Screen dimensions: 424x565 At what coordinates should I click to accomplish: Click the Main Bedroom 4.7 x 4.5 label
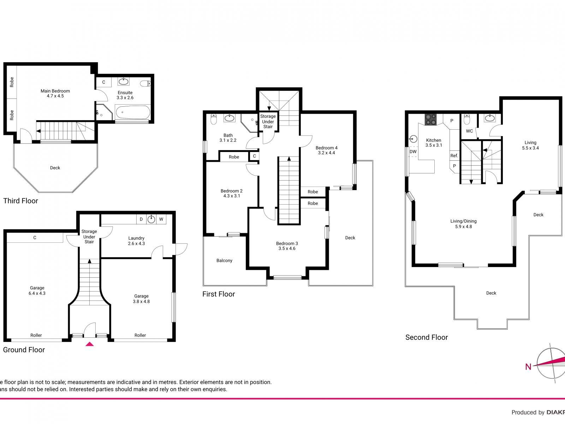(55, 93)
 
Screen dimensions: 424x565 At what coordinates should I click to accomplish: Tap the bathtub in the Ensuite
(132, 113)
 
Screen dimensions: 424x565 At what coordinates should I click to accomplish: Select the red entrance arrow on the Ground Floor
(90, 344)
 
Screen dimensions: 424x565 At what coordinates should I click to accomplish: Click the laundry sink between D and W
(151, 219)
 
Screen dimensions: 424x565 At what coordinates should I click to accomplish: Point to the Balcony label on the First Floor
(224, 260)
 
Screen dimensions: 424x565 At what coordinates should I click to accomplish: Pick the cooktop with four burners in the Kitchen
(430, 120)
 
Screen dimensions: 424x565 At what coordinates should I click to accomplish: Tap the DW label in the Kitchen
(413, 152)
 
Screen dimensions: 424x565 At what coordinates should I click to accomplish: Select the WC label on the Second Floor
(469, 131)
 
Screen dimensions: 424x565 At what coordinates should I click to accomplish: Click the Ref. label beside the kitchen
(454, 155)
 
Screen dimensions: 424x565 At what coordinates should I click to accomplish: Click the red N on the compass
(528, 367)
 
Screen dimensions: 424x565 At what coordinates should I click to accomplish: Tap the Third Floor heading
(20, 201)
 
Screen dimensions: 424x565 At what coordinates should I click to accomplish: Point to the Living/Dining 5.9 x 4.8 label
(463, 224)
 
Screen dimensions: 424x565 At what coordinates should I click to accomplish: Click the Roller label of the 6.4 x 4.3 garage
(36, 335)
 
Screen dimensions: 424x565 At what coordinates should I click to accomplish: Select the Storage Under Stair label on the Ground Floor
(89, 236)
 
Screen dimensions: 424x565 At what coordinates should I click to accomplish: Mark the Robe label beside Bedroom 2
(234, 157)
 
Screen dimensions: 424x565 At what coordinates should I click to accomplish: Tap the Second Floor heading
(426, 337)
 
